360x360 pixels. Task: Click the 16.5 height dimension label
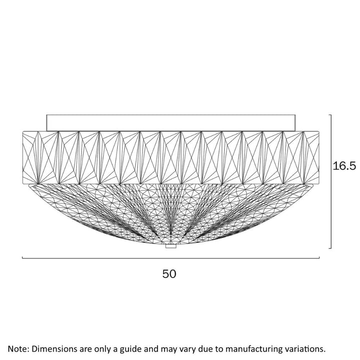coord(344,166)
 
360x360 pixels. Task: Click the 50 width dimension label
coord(169,274)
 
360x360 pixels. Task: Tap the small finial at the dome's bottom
coord(171,246)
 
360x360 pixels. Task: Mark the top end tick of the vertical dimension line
coord(330,115)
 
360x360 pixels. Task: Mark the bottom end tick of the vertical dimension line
coord(330,248)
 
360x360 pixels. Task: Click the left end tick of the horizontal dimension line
coord(22,257)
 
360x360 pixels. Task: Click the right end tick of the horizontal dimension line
coord(319,257)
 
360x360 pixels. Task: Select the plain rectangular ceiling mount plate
coord(171,123)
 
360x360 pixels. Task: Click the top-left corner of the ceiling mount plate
coord(46,115)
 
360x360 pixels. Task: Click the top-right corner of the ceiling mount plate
coord(295,115)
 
